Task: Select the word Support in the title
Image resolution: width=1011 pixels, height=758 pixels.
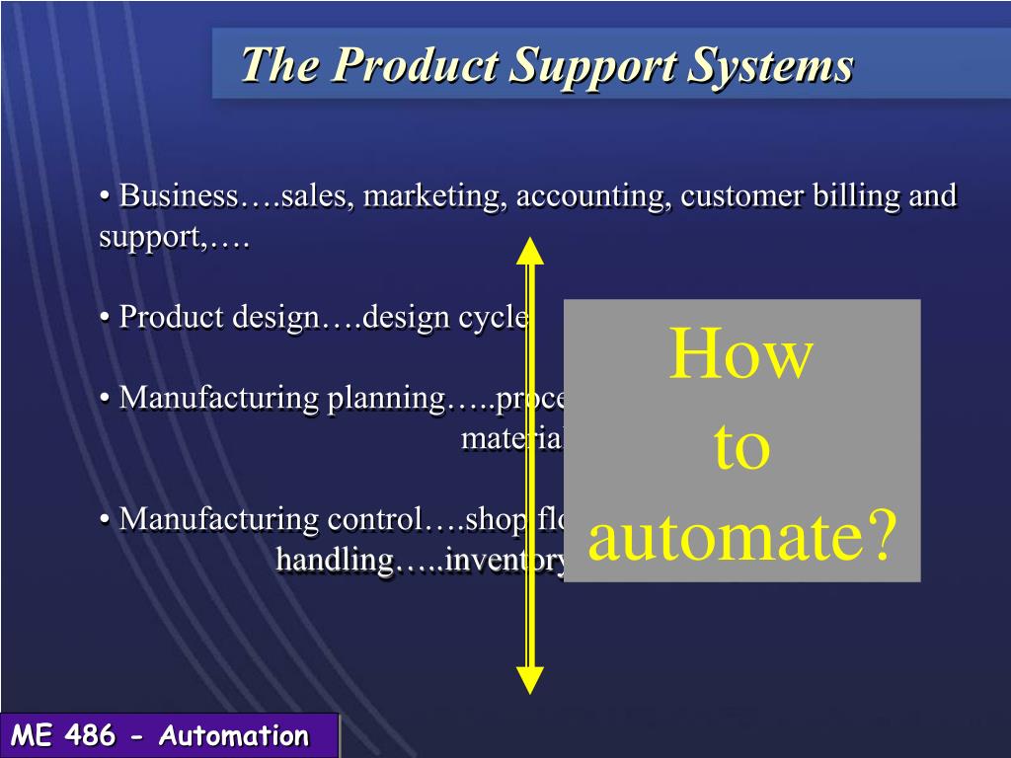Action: (593, 67)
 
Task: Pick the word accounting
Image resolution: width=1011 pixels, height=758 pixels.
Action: (593, 195)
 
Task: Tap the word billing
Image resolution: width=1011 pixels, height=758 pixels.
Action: (853, 195)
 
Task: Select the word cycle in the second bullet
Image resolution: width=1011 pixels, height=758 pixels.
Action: (494, 318)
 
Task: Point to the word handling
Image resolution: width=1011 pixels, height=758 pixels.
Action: (335, 560)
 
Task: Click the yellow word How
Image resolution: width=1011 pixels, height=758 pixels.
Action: (741, 355)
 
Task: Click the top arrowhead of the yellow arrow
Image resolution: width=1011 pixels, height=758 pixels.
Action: (530, 251)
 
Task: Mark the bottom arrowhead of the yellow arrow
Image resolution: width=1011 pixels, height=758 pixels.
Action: (530, 680)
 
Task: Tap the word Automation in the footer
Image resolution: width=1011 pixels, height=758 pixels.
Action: (234, 736)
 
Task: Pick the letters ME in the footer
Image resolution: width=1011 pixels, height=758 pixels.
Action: (32, 736)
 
